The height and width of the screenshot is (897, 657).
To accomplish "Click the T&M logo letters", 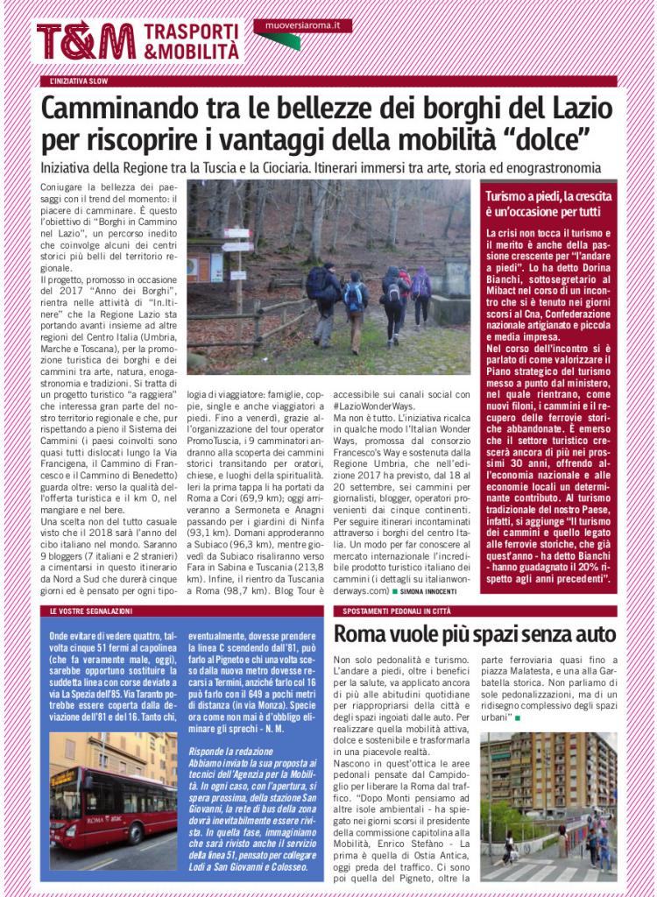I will [85, 41].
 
